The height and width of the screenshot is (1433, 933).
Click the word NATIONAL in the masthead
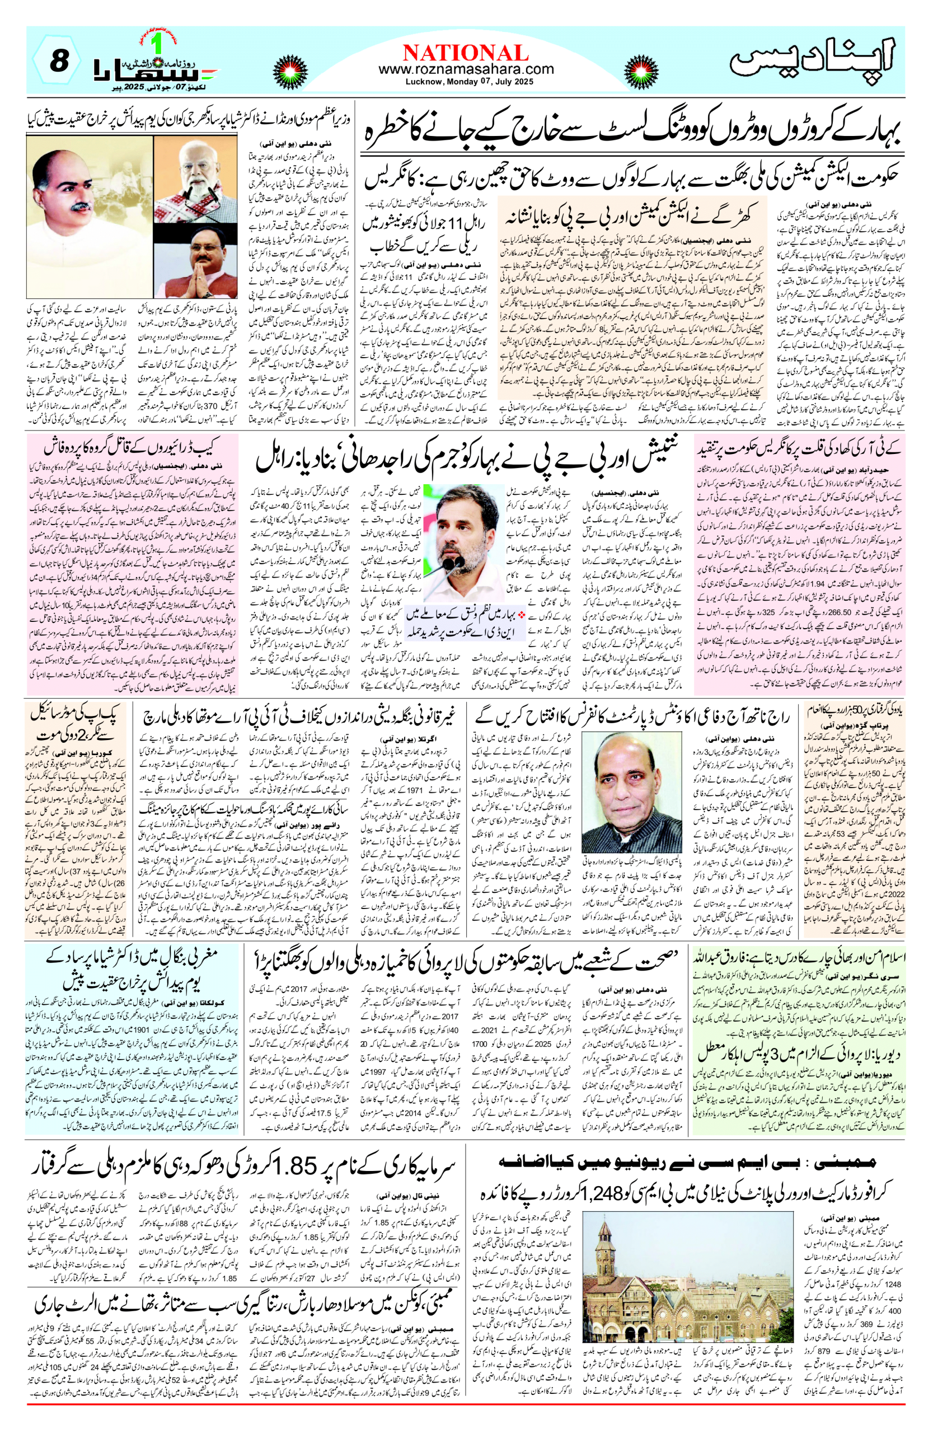coord(466,53)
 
